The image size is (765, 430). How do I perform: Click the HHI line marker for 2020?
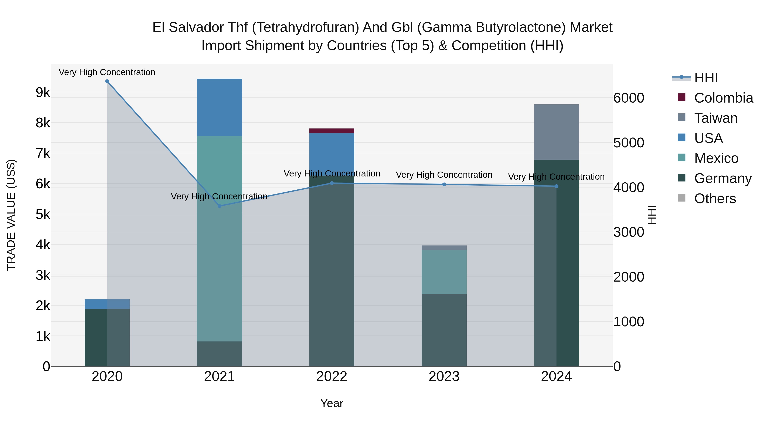point(107,81)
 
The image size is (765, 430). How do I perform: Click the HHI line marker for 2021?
point(220,206)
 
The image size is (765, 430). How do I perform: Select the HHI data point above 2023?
point(444,185)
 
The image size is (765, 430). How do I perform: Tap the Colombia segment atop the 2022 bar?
point(332,131)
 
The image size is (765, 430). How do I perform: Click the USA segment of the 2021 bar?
point(220,107)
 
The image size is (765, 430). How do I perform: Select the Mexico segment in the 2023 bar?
point(444,272)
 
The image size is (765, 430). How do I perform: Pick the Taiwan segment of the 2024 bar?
point(556,132)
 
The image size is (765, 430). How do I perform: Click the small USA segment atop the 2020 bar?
point(107,304)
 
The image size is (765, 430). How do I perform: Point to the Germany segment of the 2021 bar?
point(220,354)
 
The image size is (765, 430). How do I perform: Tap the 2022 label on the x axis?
point(332,376)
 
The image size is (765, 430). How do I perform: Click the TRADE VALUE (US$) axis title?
point(11,215)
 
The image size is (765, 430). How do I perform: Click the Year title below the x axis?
point(332,403)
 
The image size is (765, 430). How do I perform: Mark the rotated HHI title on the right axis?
point(652,215)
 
